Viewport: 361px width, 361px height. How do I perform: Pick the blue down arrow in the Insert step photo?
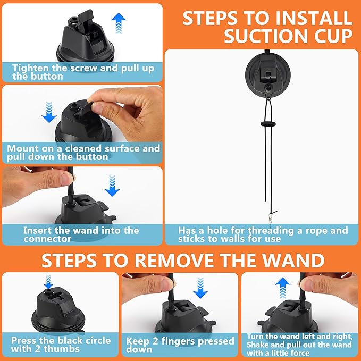112,186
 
